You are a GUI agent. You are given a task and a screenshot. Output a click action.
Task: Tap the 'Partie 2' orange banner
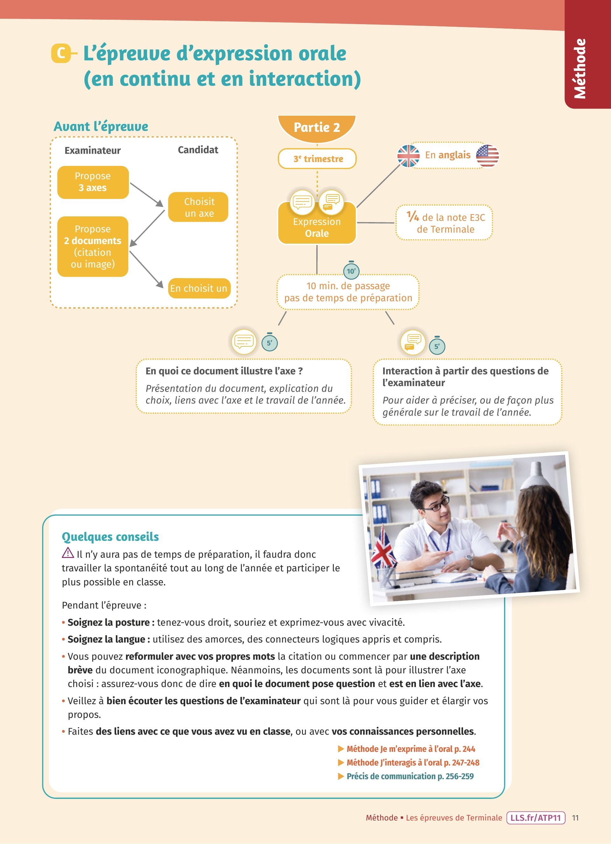pyautogui.click(x=317, y=128)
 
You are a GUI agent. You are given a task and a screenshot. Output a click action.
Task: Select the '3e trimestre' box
pyautogui.click(x=317, y=159)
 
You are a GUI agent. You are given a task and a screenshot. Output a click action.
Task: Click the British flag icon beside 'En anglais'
pyautogui.click(x=408, y=156)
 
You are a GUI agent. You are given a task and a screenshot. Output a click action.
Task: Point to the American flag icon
pyautogui.click(x=487, y=156)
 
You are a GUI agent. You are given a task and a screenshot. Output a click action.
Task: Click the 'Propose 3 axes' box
pyautogui.click(x=93, y=182)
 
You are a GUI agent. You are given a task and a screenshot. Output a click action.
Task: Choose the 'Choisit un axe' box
pyautogui.click(x=198, y=207)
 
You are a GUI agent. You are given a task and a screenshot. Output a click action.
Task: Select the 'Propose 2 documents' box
pyautogui.click(x=93, y=246)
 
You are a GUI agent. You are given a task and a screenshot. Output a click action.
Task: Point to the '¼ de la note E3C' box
pyautogui.click(x=445, y=223)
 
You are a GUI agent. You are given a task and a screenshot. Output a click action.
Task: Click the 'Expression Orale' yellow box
pyautogui.click(x=317, y=227)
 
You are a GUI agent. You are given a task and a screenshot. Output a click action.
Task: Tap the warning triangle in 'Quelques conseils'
pyautogui.click(x=68, y=553)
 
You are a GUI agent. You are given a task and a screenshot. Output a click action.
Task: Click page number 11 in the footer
pyautogui.click(x=575, y=818)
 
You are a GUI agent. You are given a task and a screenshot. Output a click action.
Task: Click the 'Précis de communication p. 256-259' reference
pyautogui.click(x=410, y=776)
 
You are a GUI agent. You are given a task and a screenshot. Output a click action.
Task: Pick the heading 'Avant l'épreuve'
pyautogui.click(x=101, y=126)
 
